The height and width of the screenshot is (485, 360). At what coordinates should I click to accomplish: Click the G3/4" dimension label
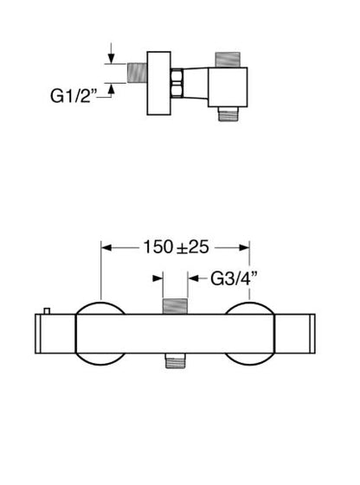234,278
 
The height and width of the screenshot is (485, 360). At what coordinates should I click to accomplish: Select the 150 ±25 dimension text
176,247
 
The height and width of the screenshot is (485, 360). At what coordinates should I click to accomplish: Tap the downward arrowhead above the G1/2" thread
111,58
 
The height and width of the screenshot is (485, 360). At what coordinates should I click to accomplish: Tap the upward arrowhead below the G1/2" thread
111,88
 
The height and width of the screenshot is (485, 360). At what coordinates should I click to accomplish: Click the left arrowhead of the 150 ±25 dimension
106,248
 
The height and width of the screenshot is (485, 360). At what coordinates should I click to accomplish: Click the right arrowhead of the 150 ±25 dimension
244,248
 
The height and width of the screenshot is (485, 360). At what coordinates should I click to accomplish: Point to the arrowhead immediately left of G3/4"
194,278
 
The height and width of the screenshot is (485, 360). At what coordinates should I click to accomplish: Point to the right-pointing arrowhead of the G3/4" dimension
157,278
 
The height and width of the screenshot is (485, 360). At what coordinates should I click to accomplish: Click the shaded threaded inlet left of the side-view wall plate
137,73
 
